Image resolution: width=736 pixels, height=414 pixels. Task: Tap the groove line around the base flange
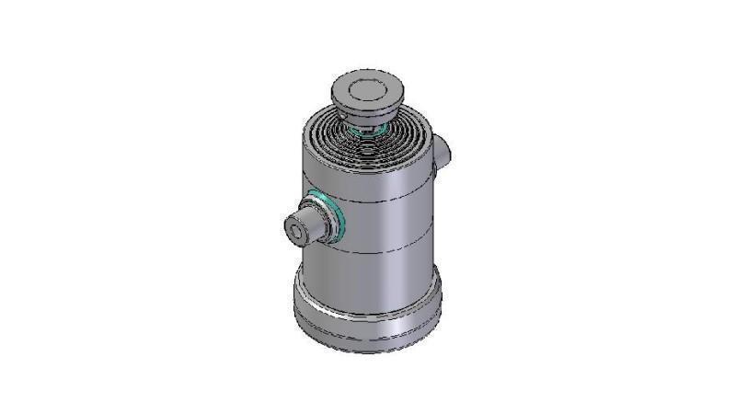click(368, 328)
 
